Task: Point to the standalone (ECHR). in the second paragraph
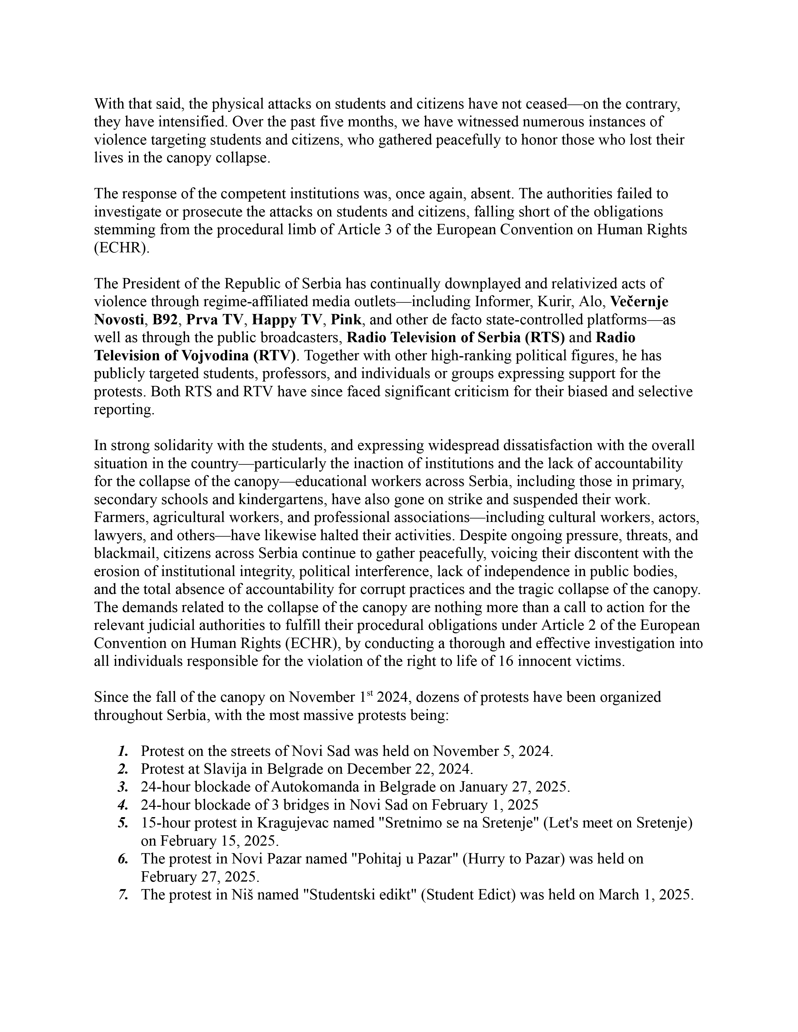121,248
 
